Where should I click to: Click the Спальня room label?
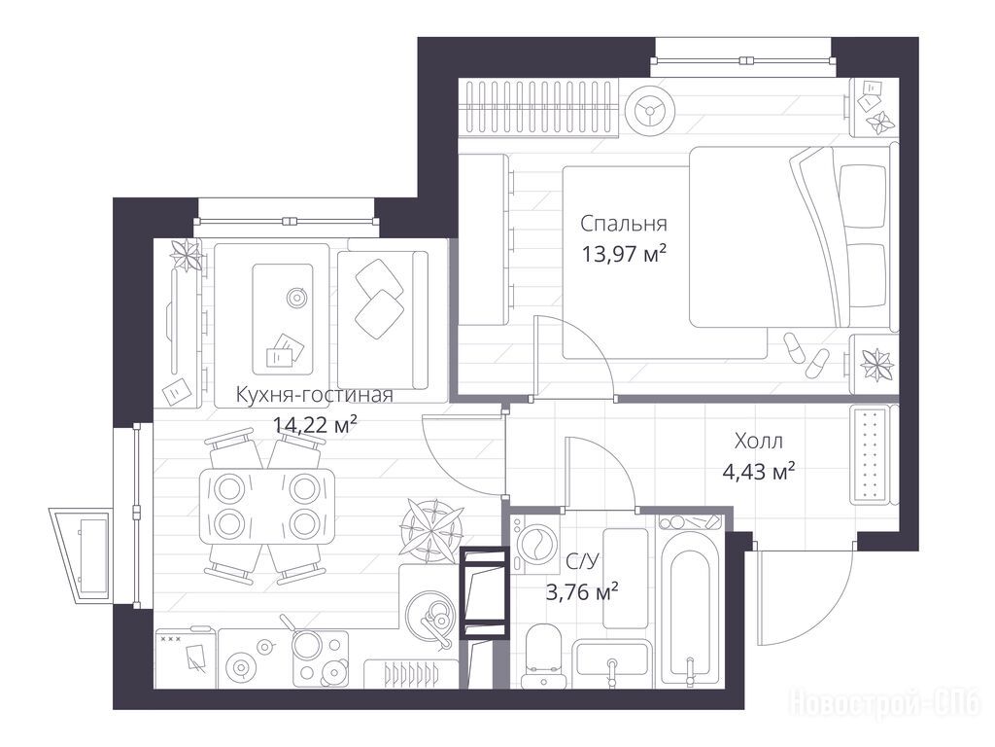[x=623, y=225]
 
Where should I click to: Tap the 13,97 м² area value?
[x=624, y=254]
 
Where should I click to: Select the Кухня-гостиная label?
[x=314, y=395]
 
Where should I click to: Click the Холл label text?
[x=758, y=441]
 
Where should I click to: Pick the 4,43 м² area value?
[x=759, y=472]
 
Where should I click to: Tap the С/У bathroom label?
[x=582, y=561]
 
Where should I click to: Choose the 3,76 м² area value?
[x=583, y=592]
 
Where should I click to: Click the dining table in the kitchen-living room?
[x=267, y=506]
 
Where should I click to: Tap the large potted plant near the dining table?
[x=431, y=528]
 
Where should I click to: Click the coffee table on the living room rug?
[x=283, y=319]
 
